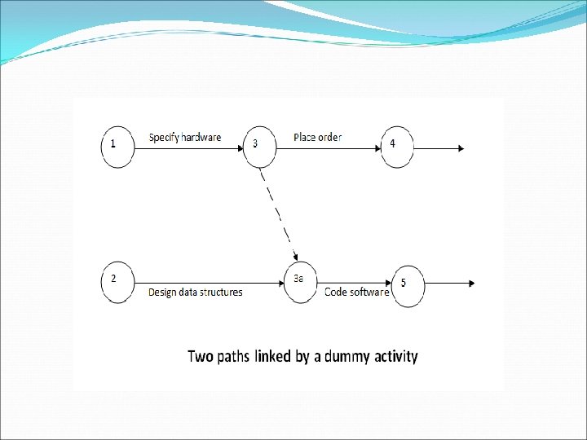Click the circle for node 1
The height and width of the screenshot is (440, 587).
click(118, 147)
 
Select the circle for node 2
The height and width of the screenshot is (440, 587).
click(118, 283)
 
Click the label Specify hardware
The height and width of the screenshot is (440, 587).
click(184, 138)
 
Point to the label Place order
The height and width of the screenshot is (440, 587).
click(318, 138)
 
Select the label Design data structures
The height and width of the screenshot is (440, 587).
click(195, 293)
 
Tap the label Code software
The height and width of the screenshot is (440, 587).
click(356, 293)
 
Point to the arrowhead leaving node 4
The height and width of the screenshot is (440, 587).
click(461, 148)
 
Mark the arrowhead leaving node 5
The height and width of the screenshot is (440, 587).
click(470, 284)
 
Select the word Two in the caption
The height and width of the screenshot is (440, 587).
click(201, 356)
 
